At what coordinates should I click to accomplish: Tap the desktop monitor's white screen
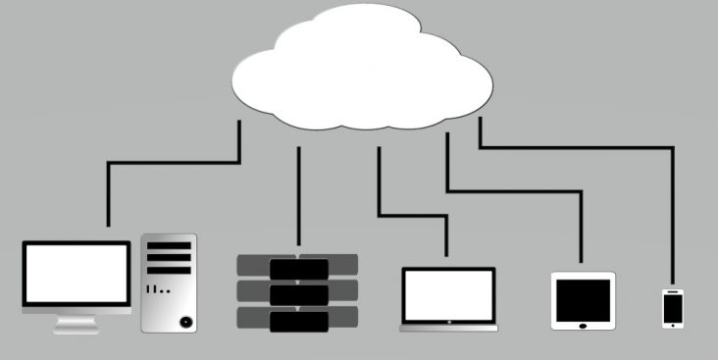[77, 272]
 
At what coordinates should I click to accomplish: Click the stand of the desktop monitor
[77, 323]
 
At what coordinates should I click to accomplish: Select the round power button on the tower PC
[184, 321]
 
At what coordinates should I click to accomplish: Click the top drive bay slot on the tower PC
[169, 245]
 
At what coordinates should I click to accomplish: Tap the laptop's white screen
[448, 294]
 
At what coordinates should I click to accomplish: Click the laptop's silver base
[449, 327]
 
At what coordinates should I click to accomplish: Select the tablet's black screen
[583, 298]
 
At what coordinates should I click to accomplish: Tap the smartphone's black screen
[673, 306]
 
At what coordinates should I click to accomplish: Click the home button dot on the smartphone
[673, 324]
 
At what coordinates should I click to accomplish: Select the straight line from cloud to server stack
[298, 196]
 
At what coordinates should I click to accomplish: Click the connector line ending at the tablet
[510, 190]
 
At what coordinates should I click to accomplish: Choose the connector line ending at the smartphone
[579, 147]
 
